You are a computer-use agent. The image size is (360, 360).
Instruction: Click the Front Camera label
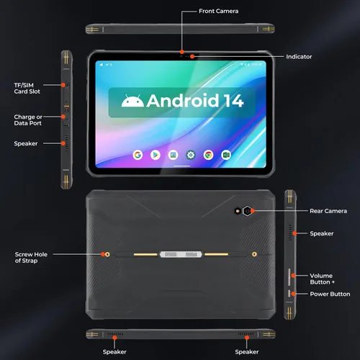click(218, 11)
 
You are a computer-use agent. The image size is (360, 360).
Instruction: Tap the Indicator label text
click(299, 57)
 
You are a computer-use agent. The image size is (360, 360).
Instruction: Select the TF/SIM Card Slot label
click(27, 88)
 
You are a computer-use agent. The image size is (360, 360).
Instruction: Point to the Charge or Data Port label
click(28, 120)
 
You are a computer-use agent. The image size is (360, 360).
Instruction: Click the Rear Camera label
click(328, 211)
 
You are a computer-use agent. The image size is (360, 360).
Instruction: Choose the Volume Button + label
click(322, 279)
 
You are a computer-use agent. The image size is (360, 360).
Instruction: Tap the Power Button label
click(330, 294)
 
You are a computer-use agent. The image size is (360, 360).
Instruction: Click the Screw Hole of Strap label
click(31, 258)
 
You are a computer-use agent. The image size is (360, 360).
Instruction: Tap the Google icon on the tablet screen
click(138, 155)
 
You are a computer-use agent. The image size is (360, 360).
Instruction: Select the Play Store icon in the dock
click(156, 155)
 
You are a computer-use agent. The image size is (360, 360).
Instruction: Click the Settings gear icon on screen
click(191, 155)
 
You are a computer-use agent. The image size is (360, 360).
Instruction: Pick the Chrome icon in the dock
click(208, 155)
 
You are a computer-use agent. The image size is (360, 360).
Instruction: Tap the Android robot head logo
click(132, 101)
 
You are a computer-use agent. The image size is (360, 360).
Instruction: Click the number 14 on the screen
click(234, 101)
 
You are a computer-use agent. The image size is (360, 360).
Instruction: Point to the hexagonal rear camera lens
click(247, 211)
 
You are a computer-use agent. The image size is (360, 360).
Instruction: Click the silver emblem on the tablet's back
click(181, 254)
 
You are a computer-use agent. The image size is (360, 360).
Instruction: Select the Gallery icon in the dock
click(173, 155)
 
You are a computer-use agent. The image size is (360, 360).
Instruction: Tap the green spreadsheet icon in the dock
click(226, 155)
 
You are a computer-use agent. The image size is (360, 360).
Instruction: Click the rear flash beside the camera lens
click(238, 211)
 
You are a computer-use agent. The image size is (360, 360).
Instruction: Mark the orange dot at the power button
click(293, 294)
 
